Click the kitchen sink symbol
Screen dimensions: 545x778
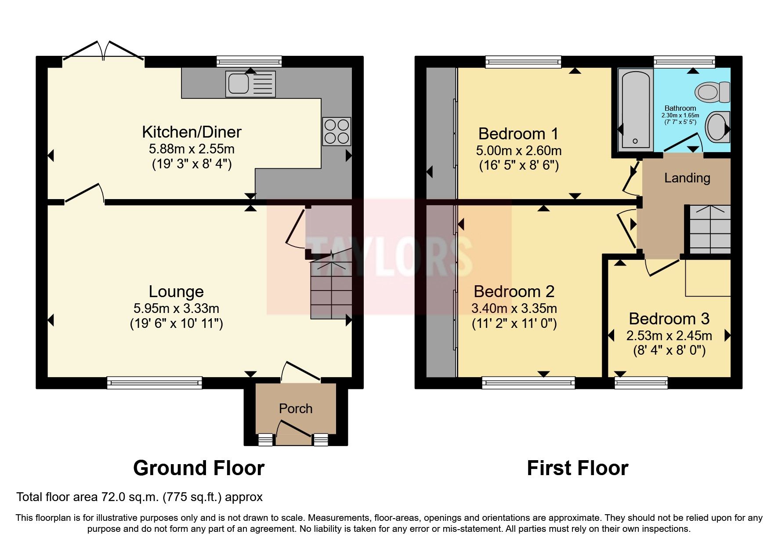(x=250, y=84)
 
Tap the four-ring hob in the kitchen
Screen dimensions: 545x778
(x=337, y=131)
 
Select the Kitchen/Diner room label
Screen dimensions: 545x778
(x=192, y=132)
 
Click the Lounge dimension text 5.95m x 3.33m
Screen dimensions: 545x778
(x=176, y=309)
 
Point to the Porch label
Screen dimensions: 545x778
(x=296, y=409)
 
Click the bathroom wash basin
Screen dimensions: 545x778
(x=717, y=127)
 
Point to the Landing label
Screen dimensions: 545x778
(x=687, y=178)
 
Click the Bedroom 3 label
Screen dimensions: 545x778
(x=669, y=319)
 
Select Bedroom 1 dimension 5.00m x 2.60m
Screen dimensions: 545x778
(x=518, y=151)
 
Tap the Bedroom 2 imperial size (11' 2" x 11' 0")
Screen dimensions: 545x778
(x=514, y=324)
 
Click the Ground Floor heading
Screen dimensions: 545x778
(x=199, y=468)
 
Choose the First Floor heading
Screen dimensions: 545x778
(x=577, y=468)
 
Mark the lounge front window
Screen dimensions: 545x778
(x=154, y=383)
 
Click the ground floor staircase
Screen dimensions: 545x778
(x=331, y=290)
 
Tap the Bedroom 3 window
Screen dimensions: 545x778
(x=641, y=383)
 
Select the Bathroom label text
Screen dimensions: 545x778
(x=680, y=108)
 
